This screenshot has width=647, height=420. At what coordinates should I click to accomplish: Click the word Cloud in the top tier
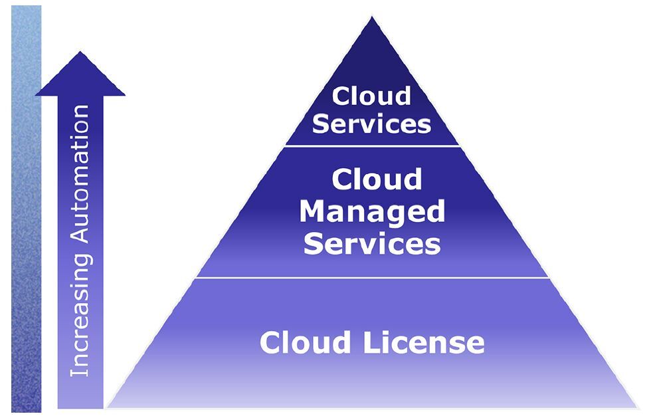pos(372,96)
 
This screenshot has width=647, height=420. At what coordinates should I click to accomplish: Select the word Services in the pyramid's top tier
pos(372,124)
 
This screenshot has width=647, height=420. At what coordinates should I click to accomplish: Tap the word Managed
pos(372,212)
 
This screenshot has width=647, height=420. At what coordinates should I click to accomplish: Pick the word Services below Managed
pos(372,244)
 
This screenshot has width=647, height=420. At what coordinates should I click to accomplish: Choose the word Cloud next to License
pos(306,343)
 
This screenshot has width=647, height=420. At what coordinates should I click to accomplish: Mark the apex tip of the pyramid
pos(372,18)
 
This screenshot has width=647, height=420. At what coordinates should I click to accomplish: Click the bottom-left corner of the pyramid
pos(108,406)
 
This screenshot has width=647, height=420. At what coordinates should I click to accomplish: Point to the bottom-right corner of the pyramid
pos(636,406)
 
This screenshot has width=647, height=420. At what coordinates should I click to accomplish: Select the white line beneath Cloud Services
pos(372,146)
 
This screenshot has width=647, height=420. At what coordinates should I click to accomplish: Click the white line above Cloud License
pos(372,278)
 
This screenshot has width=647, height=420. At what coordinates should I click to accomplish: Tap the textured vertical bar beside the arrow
pos(26,213)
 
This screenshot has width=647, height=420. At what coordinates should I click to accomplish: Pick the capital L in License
pos(368,343)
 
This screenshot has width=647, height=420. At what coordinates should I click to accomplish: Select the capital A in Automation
pos(80,241)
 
